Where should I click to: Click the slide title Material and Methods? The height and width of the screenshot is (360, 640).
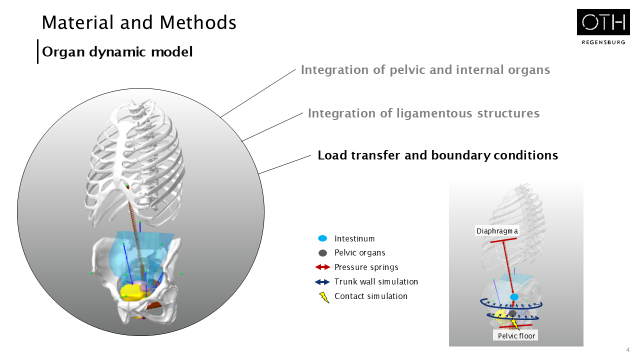point(139,22)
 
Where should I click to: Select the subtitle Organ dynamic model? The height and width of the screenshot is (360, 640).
point(117,51)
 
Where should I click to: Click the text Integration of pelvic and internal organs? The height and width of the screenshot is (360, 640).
point(425,70)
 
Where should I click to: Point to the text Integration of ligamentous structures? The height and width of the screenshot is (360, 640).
point(423,113)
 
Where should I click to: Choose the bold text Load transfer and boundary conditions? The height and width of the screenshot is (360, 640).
point(437,155)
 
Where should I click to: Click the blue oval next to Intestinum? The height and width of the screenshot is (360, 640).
point(323,238)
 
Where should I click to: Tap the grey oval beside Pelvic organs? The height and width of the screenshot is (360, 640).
point(323,253)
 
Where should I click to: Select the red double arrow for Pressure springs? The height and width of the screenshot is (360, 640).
point(323,267)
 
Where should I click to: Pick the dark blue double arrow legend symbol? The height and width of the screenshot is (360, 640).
point(323,282)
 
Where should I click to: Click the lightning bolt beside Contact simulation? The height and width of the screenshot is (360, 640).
point(324,297)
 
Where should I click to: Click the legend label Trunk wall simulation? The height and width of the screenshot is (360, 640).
point(376,282)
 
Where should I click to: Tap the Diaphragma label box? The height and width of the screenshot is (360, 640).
point(496,231)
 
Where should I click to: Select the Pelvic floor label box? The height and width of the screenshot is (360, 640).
point(516,335)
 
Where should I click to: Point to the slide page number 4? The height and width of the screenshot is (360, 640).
point(627,349)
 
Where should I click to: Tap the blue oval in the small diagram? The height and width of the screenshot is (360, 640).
point(514,297)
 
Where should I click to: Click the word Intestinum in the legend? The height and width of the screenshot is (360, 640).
point(354,239)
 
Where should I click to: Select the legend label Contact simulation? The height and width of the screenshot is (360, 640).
point(371,296)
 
